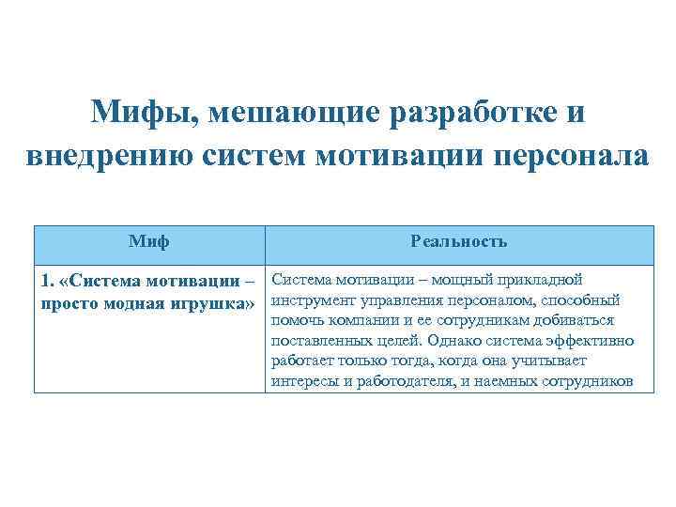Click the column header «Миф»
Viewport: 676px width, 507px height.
click(x=149, y=242)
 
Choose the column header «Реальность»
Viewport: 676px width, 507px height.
click(x=458, y=242)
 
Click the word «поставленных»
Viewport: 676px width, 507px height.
click(x=319, y=341)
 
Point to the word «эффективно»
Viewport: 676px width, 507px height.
click(x=590, y=341)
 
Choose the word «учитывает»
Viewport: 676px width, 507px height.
click(x=547, y=361)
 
